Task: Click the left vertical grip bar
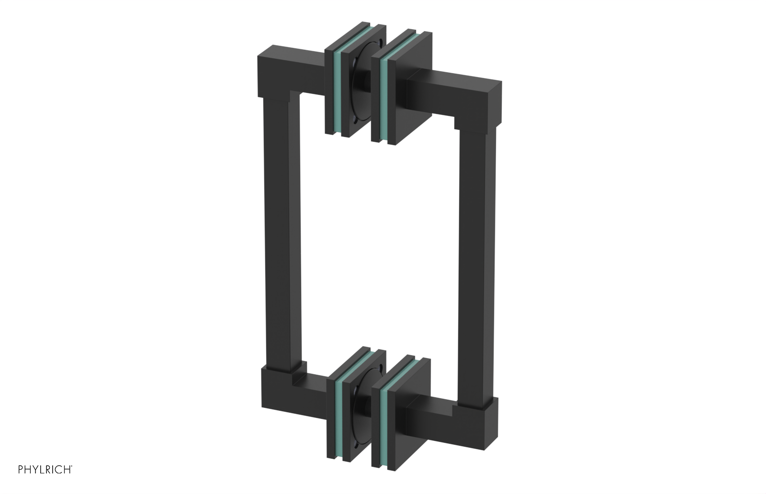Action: coord(277,239)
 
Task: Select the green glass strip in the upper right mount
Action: coord(383,100)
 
